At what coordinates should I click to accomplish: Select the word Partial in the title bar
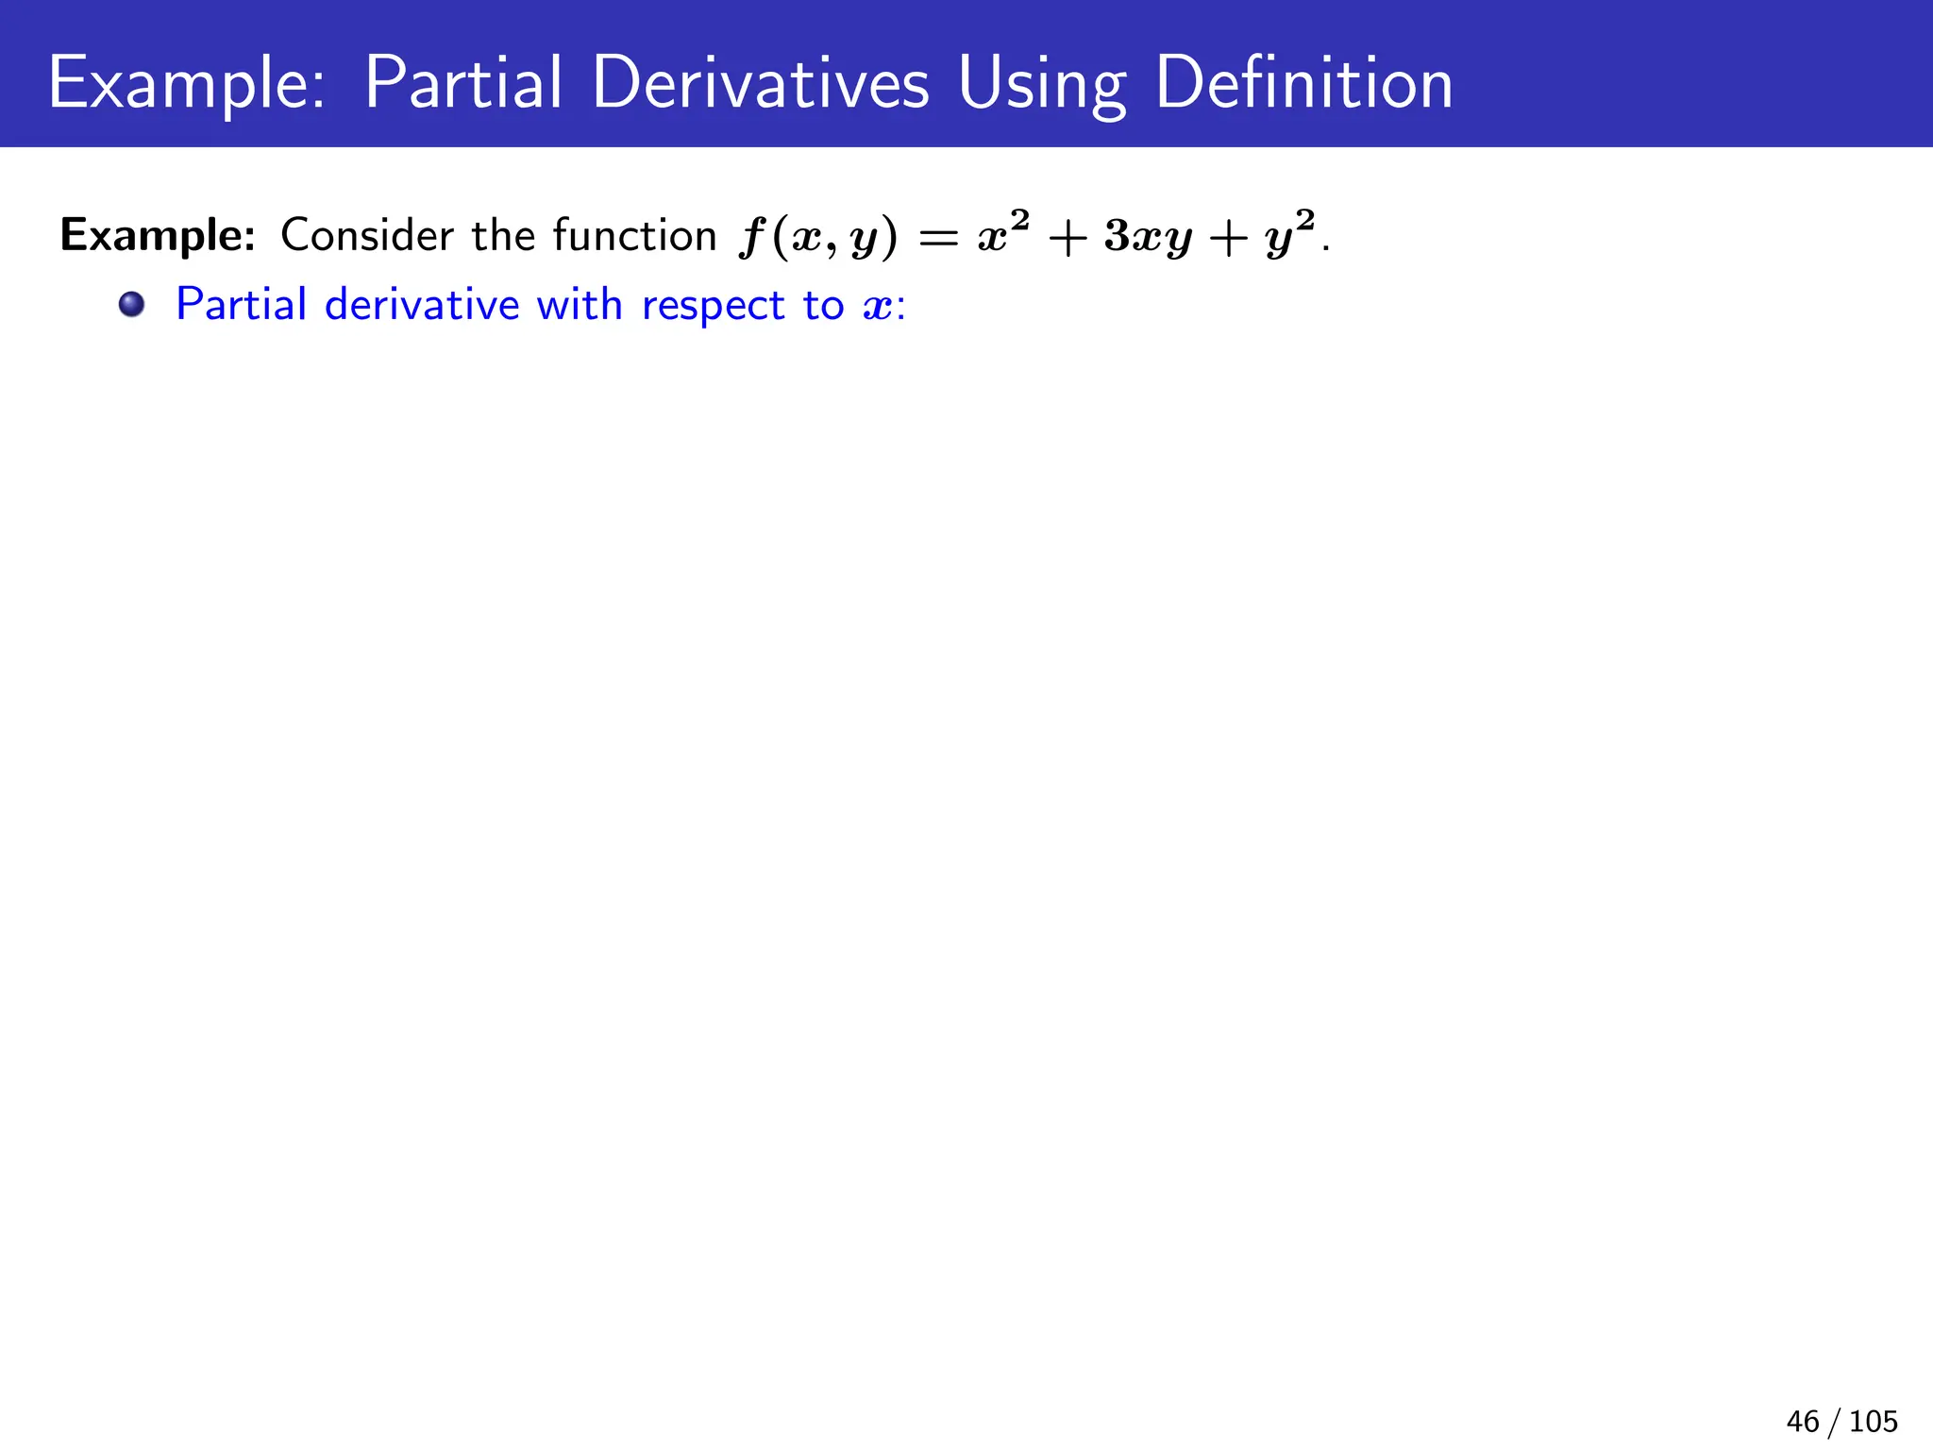(463, 83)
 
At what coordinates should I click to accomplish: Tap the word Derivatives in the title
(761, 83)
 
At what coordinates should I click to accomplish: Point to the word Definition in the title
(1303, 83)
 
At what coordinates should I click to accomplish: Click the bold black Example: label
(158, 236)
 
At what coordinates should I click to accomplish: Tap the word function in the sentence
(634, 235)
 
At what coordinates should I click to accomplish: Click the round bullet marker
(132, 304)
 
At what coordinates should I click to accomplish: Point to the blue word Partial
(242, 304)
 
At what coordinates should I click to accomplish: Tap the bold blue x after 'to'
(877, 307)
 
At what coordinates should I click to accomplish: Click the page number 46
(1803, 1421)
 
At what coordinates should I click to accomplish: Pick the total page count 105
(1873, 1421)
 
